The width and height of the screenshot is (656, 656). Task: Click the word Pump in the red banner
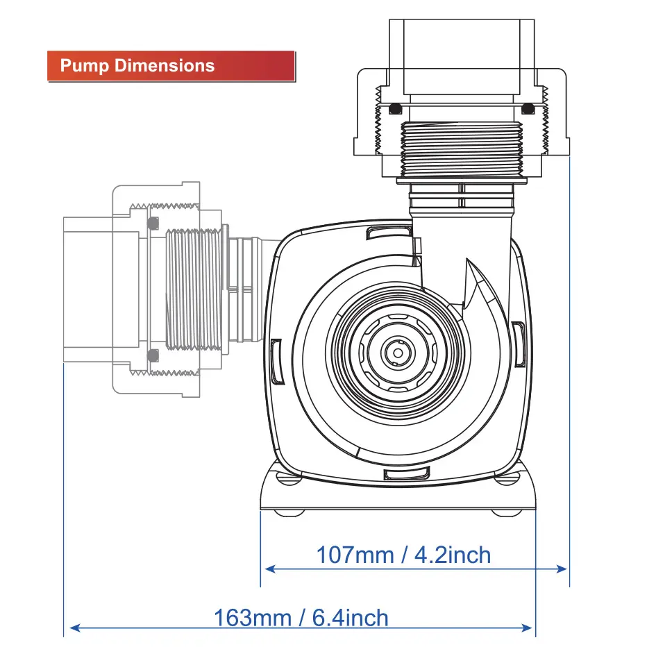[85, 66]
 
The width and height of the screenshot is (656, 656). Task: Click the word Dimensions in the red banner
[165, 66]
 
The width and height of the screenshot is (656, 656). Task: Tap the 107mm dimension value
[355, 555]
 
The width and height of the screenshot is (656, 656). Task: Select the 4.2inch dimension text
[452, 555]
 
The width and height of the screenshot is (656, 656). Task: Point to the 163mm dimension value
[253, 618]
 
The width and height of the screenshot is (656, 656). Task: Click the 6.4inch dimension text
[350, 618]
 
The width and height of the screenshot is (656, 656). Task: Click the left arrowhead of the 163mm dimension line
[74, 628]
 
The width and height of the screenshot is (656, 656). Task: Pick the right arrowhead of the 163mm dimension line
[527, 628]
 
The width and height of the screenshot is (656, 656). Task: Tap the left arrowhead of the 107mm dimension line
[270, 569]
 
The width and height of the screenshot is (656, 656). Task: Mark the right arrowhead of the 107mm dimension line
[561, 569]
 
